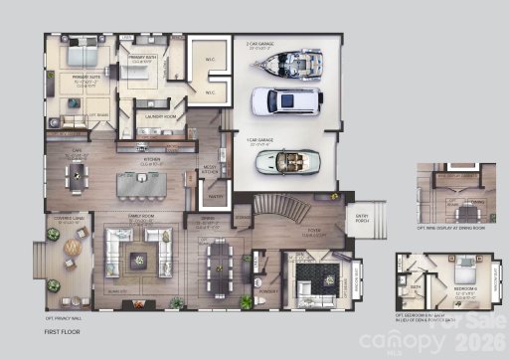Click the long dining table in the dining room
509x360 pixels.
(x=216, y=261)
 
